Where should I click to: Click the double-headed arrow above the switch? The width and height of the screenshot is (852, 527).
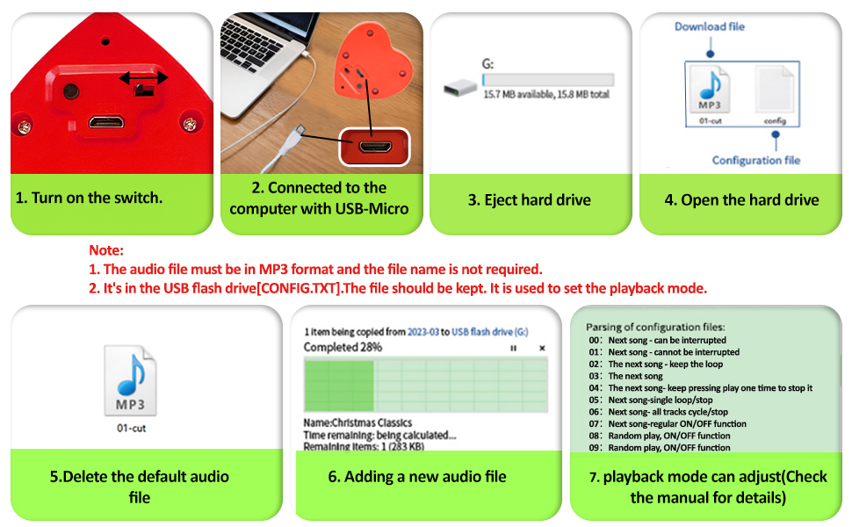pos(144,78)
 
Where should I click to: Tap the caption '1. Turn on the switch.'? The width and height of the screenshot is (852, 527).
pos(89,198)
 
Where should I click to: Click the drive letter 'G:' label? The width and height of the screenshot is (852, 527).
pos(488,63)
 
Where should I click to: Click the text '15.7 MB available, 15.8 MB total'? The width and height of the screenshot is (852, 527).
pos(545,94)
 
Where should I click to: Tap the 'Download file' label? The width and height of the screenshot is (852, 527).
pos(709,26)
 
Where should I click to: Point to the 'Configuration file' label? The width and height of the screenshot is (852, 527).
pos(756,160)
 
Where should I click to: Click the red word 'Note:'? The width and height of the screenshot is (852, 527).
pos(106,250)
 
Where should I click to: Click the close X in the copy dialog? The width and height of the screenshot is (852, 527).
pos(542,349)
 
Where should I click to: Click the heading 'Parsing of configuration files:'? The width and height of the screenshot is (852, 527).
pos(655,327)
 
